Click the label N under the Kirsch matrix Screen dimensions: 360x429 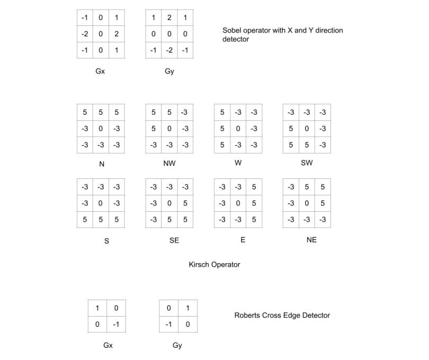102,164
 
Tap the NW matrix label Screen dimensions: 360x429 169,164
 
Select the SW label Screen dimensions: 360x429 307,163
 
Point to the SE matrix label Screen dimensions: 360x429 174,240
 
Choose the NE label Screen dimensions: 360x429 311,240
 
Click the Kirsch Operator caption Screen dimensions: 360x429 215,264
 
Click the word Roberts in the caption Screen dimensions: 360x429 248,316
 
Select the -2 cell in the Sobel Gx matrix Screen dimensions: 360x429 85,34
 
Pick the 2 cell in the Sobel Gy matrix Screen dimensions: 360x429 169,17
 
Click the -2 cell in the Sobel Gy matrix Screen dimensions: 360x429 169,51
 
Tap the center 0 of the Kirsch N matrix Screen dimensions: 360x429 101,128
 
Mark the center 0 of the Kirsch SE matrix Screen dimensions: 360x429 169,203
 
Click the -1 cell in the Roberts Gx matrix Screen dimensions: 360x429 116,325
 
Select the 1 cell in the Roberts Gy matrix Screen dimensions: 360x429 187,308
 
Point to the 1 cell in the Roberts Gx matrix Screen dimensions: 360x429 97,308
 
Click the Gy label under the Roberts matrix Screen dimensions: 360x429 177,346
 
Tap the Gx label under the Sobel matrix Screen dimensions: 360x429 100,71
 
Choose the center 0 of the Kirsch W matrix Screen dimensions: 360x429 238,128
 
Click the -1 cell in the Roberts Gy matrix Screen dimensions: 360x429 169,325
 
